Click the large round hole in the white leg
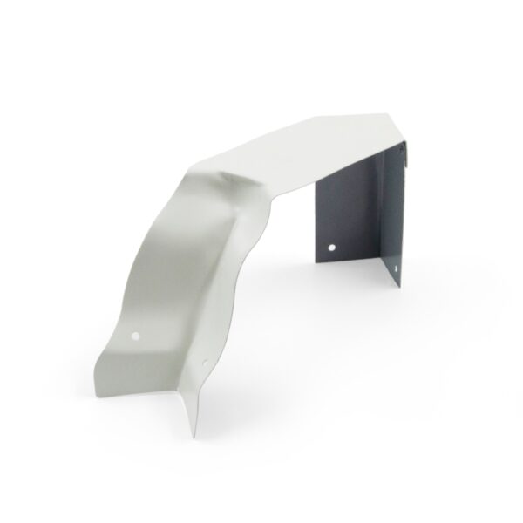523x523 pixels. (x=139, y=334)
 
